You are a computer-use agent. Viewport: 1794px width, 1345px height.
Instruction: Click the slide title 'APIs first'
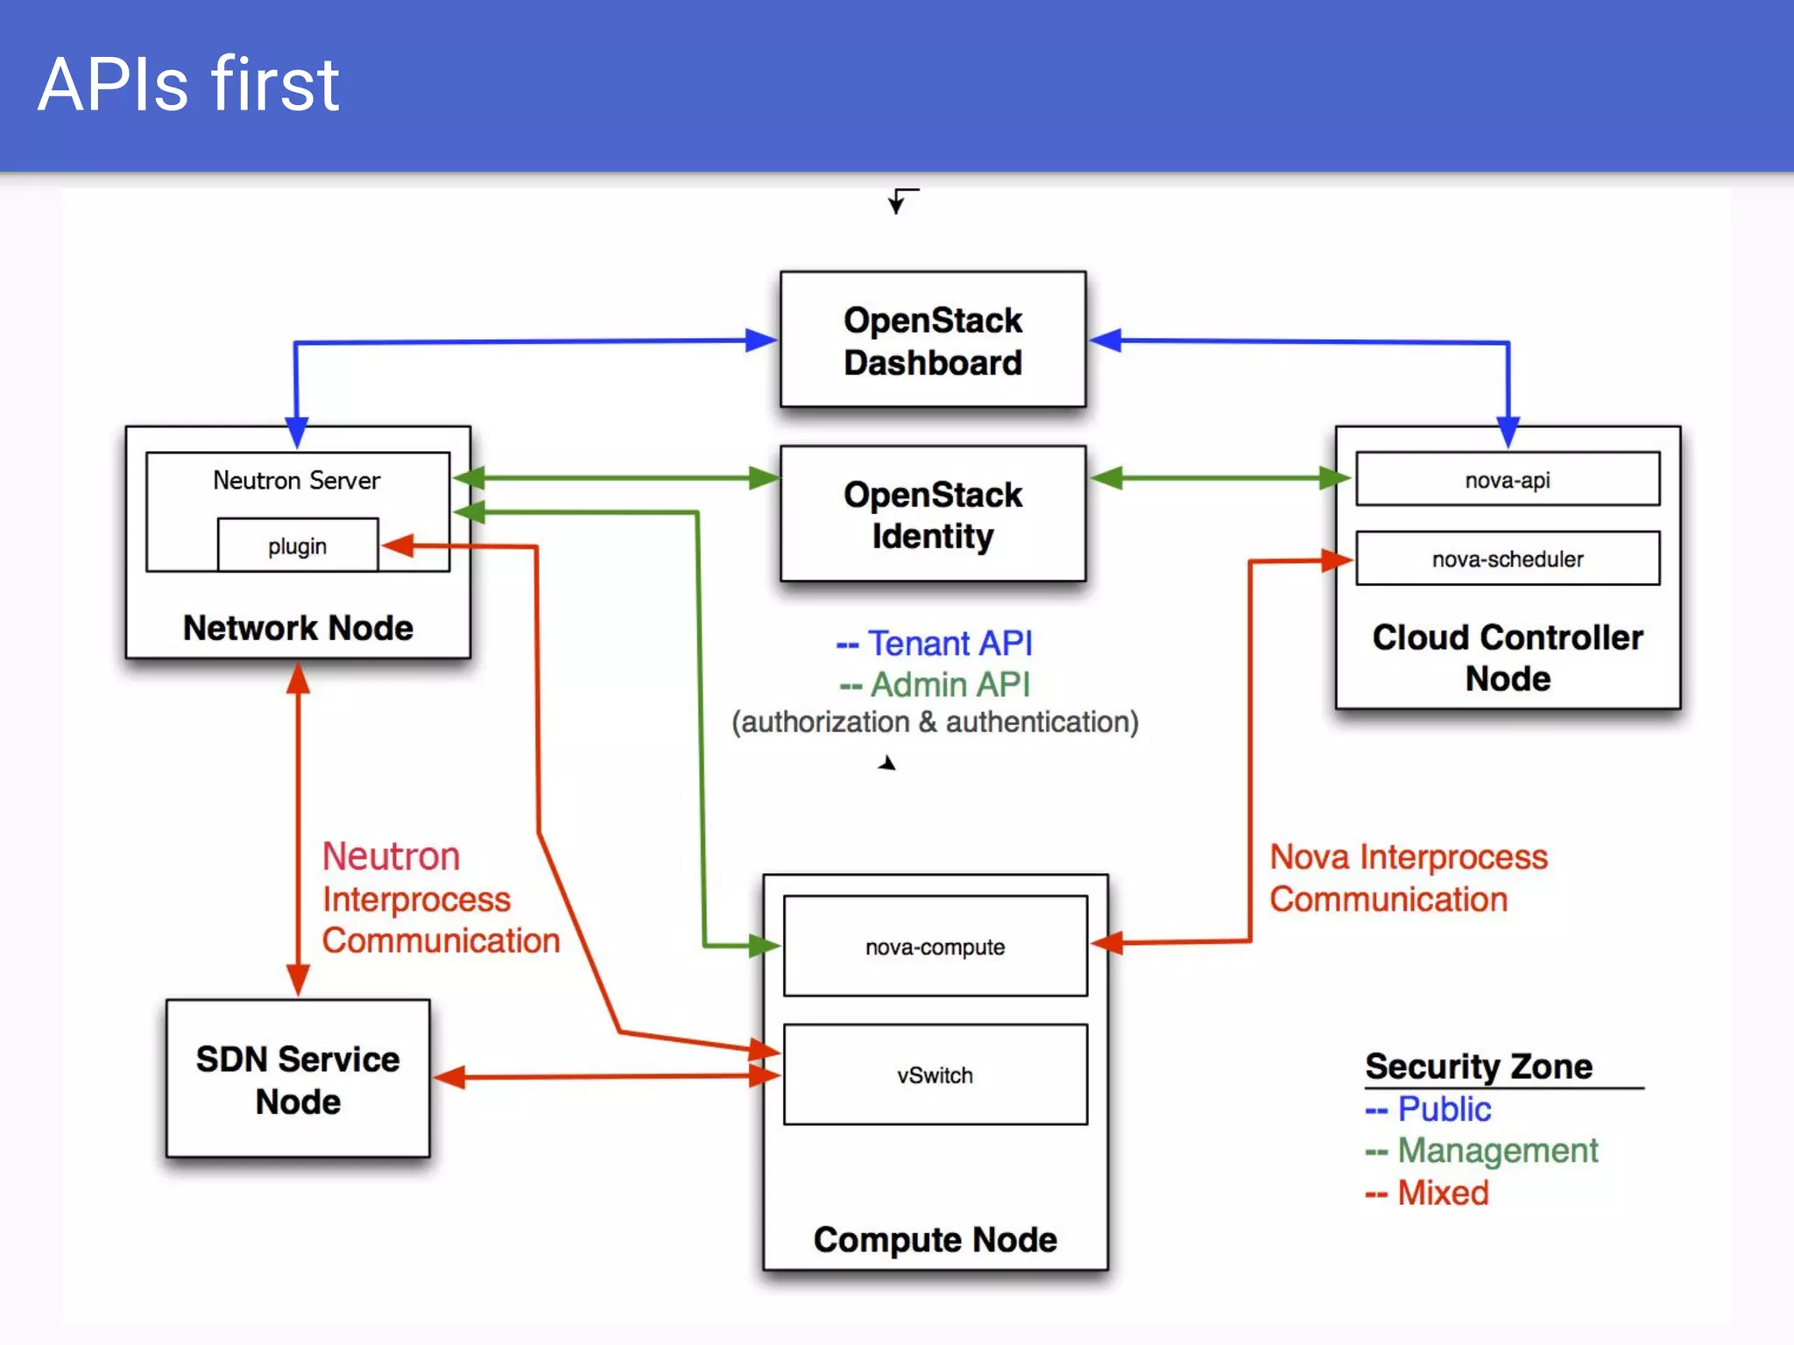click(188, 85)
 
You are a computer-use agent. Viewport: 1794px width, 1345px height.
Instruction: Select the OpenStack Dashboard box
click(933, 341)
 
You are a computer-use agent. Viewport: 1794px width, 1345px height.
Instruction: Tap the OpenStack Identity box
click(933, 514)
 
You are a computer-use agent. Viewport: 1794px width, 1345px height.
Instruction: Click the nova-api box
click(1507, 479)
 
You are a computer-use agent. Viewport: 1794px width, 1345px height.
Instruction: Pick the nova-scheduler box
click(1507, 558)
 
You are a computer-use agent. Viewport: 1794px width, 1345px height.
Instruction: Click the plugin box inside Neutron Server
click(298, 546)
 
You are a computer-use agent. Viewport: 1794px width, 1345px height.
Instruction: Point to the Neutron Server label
click(297, 480)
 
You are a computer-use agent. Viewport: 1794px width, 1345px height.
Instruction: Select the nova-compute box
click(935, 947)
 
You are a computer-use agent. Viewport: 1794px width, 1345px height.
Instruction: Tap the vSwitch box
click(935, 1074)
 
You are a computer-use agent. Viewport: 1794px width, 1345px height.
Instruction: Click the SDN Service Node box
click(298, 1079)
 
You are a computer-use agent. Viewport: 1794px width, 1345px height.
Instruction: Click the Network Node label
click(298, 628)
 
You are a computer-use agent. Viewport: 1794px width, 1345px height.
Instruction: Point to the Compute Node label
click(935, 1239)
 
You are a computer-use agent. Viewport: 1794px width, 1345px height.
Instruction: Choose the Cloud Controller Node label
click(1507, 658)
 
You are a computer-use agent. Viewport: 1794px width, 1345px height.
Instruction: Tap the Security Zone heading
click(1479, 1067)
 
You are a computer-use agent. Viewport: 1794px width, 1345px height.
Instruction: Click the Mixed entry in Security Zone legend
click(1442, 1193)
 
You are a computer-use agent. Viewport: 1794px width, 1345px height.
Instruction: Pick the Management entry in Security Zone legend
click(1497, 1151)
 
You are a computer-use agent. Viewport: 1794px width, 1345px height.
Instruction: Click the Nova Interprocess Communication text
click(1409, 878)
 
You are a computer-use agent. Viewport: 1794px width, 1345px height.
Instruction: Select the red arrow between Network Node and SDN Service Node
click(298, 827)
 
